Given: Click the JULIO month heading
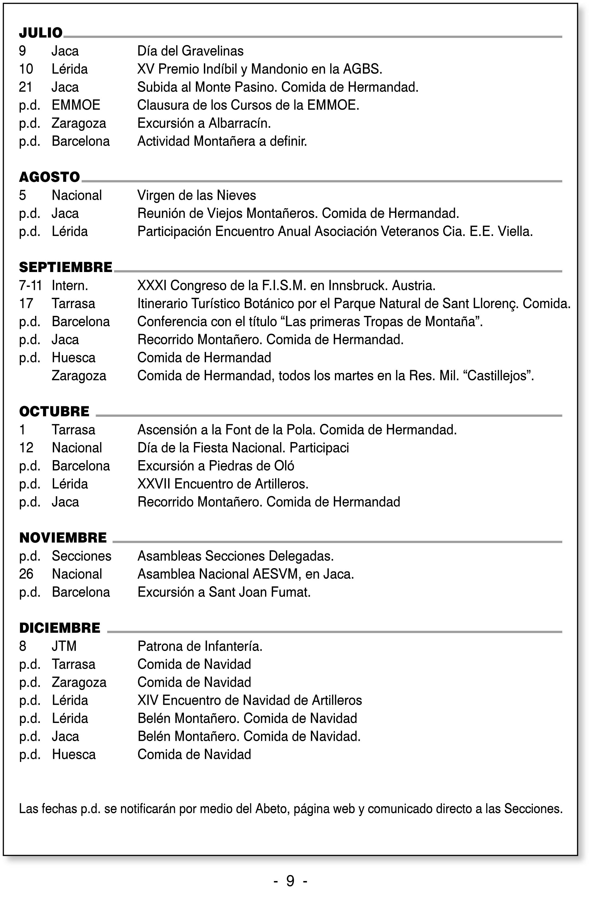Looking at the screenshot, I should point(41,33).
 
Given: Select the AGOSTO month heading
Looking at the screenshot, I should point(49,177).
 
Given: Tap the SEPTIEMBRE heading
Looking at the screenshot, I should point(66,267).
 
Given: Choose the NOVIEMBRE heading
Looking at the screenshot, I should point(63,538).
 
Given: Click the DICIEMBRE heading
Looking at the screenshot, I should point(60,628).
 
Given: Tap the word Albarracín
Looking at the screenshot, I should point(239,123).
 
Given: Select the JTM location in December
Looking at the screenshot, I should point(64,646).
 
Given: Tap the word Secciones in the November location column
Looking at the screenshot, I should point(81,556).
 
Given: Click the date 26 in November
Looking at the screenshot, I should point(26,574).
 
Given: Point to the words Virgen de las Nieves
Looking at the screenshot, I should point(197,195).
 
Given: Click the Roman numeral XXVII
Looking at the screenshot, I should point(154,484).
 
